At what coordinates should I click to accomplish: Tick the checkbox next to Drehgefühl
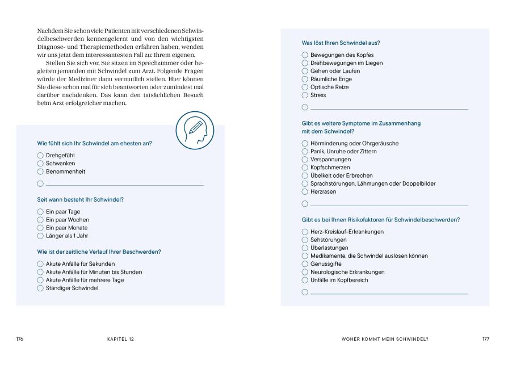tap(40, 155)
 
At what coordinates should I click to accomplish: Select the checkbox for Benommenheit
tap(40, 172)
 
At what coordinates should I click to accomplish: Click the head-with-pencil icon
tap(195, 130)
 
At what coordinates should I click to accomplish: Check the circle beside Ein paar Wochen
tap(40, 220)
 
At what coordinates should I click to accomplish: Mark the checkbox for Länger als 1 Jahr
tap(40, 236)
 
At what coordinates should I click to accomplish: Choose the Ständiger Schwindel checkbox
tap(40, 288)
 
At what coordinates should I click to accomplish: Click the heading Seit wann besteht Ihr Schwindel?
tap(80, 199)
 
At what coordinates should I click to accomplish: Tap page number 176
tap(20, 339)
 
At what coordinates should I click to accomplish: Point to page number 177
tap(485, 339)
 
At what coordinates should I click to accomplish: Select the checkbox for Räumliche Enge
tap(305, 79)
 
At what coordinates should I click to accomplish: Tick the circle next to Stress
tap(305, 95)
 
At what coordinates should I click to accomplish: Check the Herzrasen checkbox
tap(305, 191)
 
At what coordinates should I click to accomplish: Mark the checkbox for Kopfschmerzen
tap(305, 168)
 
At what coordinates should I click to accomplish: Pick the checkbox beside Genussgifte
tap(305, 264)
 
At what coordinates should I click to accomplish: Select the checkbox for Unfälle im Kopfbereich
tap(305, 280)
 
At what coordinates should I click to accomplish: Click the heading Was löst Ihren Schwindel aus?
tap(341, 43)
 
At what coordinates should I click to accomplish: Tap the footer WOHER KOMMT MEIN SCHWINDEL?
tap(384, 339)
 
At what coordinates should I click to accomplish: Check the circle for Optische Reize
tap(305, 87)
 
